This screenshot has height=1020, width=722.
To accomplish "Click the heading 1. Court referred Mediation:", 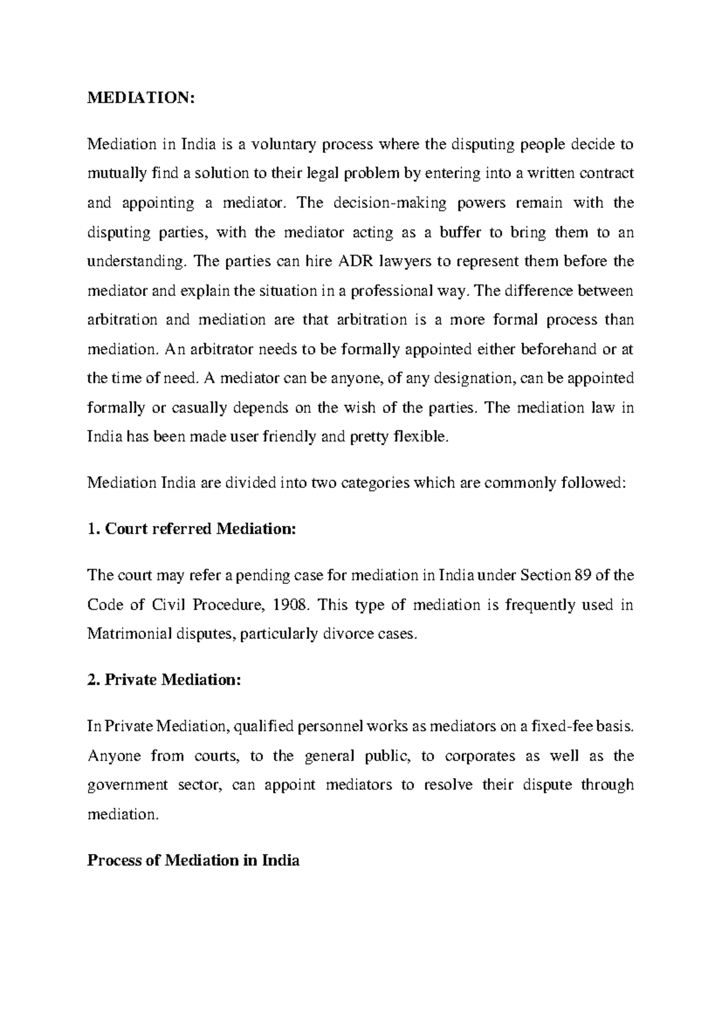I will (192, 529).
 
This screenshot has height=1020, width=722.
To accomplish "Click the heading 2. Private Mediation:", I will (164, 680).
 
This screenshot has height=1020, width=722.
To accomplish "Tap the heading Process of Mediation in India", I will (193, 861).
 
